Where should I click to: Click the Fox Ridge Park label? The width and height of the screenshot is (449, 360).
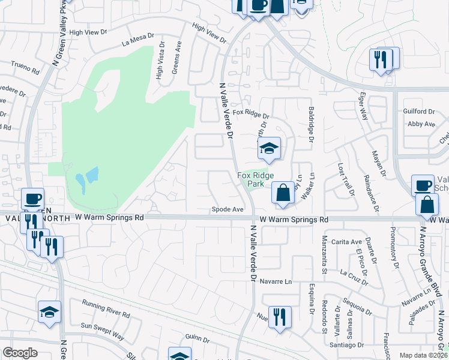point(249,179)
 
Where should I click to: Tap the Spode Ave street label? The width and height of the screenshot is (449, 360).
point(227,209)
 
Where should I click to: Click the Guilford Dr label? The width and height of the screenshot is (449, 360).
point(420,112)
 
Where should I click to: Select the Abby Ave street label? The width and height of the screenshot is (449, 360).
point(421,124)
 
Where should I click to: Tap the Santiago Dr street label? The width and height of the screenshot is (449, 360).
point(348,345)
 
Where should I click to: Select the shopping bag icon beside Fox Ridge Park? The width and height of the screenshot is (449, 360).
point(283,193)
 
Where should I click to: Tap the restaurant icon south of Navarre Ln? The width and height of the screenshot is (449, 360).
point(280,316)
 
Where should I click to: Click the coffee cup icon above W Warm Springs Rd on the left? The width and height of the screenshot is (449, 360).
point(32,199)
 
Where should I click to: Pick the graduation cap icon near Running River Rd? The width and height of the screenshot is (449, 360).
point(50,312)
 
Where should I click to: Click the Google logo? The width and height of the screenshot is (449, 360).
point(20,353)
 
